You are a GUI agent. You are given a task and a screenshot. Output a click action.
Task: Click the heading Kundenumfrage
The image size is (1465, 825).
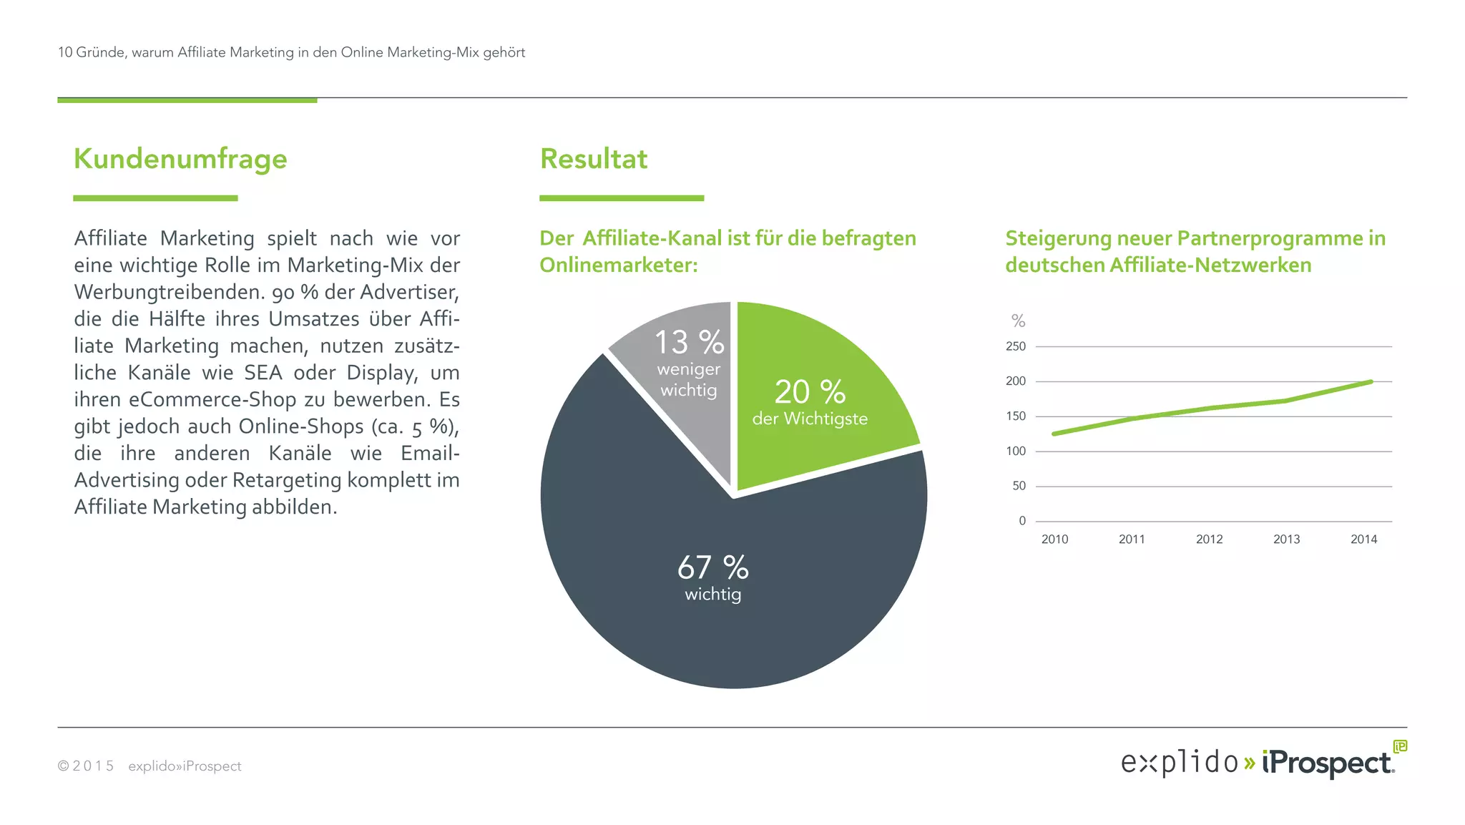(180, 159)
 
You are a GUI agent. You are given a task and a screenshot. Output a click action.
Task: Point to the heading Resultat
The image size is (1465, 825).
(594, 159)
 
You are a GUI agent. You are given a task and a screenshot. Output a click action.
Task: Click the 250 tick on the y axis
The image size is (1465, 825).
(1015, 346)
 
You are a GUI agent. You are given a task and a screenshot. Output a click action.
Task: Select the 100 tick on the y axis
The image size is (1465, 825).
(1015, 451)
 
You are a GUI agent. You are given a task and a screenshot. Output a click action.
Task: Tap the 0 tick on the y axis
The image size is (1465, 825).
(1022, 521)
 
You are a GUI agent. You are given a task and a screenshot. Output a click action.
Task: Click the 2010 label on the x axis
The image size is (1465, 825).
(1054, 540)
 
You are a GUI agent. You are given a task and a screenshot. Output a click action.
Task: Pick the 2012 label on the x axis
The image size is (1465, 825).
(1209, 540)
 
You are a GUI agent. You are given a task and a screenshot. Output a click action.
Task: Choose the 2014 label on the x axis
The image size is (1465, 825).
(1363, 540)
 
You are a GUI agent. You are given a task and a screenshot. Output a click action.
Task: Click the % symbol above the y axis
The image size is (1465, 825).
(1018, 321)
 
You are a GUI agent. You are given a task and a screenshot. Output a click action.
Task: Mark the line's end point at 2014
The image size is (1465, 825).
(1371, 381)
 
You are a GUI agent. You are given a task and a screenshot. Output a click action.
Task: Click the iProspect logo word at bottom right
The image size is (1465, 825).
(1328, 763)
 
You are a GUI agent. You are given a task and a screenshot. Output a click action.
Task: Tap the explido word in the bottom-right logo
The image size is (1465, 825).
(1179, 763)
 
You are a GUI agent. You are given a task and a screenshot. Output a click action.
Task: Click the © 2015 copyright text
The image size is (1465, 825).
(86, 766)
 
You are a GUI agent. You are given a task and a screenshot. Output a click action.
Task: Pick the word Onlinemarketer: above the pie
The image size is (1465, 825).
(618, 265)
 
